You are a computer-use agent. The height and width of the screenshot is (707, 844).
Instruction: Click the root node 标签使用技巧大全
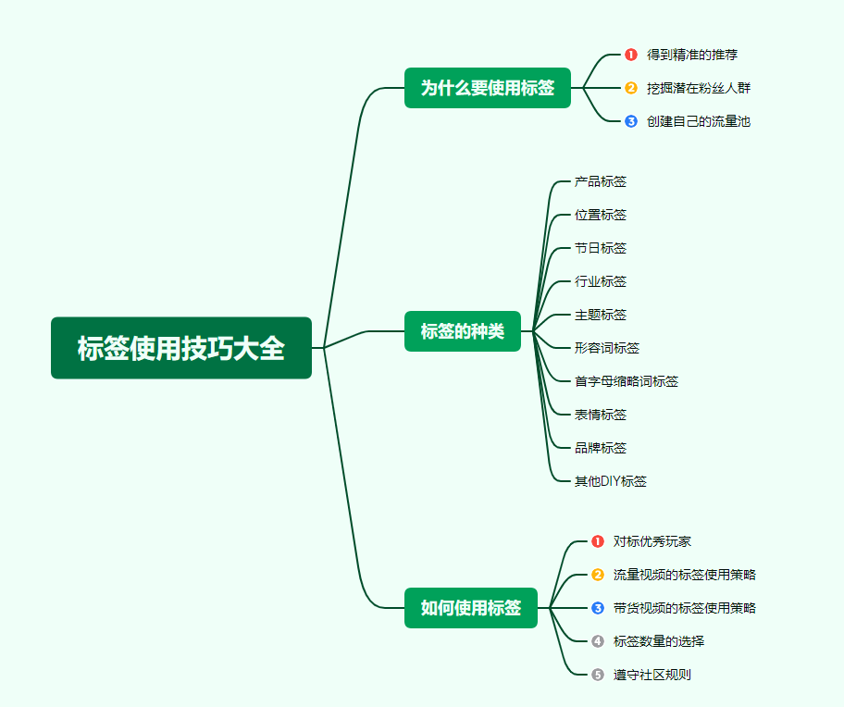[x=181, y=348]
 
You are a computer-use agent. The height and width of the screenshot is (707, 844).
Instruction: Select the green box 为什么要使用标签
[x=488, y=88]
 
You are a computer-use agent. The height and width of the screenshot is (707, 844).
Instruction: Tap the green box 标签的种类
[x=463, y=331]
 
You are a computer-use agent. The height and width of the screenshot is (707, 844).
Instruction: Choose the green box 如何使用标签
[x=471, y=608]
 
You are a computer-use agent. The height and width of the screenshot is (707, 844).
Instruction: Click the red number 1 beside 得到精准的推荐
[x=631, y=55]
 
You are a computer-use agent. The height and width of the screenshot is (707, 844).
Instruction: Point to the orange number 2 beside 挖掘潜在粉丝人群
[x=631, y=88]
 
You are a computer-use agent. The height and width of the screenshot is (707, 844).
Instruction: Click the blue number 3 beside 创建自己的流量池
[x=631, y=121]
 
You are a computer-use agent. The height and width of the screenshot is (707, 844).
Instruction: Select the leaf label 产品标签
[x=600, y=181]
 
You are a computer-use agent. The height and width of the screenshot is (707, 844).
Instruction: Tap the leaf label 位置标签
[x=600, y=215]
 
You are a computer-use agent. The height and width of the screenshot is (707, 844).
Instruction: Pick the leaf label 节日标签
[x=600, y=248]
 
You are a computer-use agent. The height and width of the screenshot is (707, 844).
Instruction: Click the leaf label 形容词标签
[x=606, y=348]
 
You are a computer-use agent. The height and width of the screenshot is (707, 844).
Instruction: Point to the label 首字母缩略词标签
[x=626, y=381]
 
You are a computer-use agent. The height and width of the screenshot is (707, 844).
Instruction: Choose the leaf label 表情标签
[x=600, y=415]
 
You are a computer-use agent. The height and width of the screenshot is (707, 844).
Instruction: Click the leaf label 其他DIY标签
[x=610, y=481]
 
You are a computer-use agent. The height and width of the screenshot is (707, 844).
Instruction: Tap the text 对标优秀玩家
[x=652, y=541]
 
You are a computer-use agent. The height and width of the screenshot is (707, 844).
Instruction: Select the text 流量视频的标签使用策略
[x=684, y=575]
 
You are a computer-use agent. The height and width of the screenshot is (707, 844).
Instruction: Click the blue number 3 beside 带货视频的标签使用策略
[x=598, y=608]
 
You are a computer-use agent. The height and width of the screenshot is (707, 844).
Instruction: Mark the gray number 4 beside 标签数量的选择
[x=598, y=641]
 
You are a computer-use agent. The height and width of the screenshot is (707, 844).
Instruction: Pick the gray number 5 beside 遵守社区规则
[x=598, y=675]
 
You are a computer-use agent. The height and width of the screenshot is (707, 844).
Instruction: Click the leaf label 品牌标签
[x=600, y=448]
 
